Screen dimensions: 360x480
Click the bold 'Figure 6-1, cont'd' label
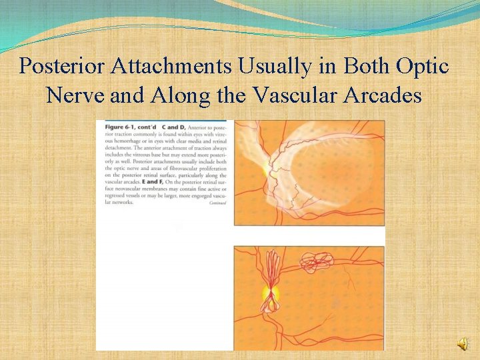click(125, 127)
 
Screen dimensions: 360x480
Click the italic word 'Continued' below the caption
click(217, 203)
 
